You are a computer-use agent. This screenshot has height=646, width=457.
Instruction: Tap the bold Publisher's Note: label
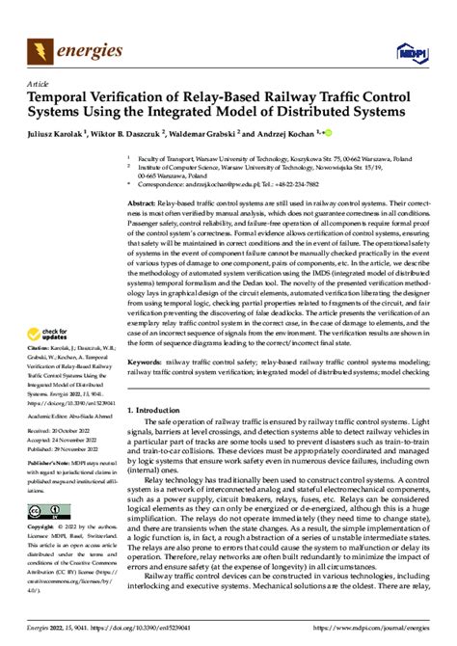click(x=53, y=491)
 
